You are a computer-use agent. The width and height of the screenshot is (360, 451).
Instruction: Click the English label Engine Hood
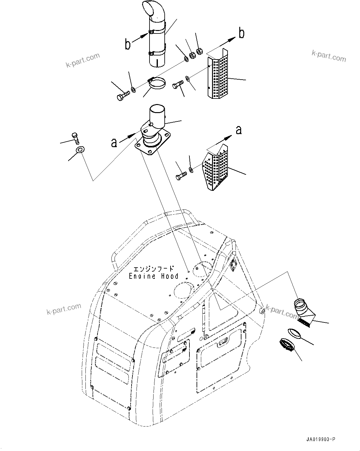[x=154, y=276]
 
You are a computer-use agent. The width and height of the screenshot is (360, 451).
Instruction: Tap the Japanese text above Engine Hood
[x=154, y=269]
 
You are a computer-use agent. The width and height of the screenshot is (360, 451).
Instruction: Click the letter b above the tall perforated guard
[x=241, y=33]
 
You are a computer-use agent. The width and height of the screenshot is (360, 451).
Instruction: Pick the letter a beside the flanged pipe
[x=114, y=142]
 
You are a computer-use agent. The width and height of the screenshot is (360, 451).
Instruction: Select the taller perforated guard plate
[x=219, y=76]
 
